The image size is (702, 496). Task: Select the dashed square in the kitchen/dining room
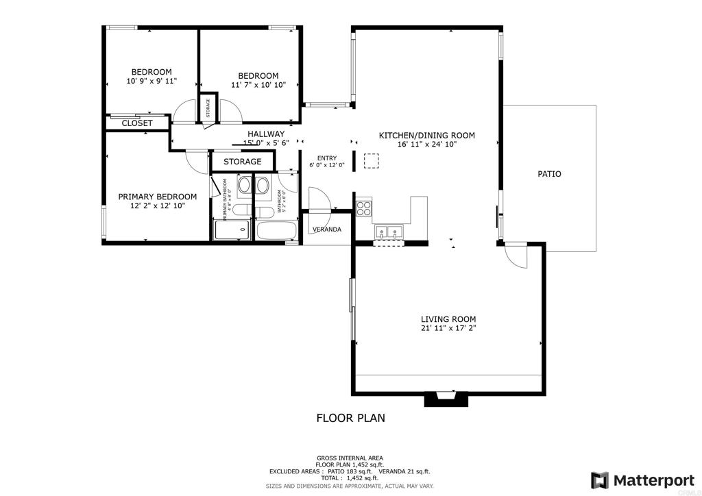(x=371, y=160)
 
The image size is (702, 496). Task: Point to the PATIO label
(x=548, y=174)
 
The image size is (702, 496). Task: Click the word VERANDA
(x=327, y=229)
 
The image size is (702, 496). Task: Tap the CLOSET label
(x=137, y=123)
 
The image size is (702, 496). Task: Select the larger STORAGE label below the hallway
(x=242, y=162)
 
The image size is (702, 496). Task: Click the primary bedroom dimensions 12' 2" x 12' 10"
(x=157, y=206)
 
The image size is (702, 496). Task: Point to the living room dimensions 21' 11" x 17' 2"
(x=448, y=329)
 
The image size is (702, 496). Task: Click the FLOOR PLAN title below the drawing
(x=350, y=417)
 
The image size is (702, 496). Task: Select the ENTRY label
(x=326, y=158)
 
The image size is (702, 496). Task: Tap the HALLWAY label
(x=266, y=134)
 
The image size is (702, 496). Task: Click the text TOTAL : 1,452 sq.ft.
(x=350, y=478)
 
